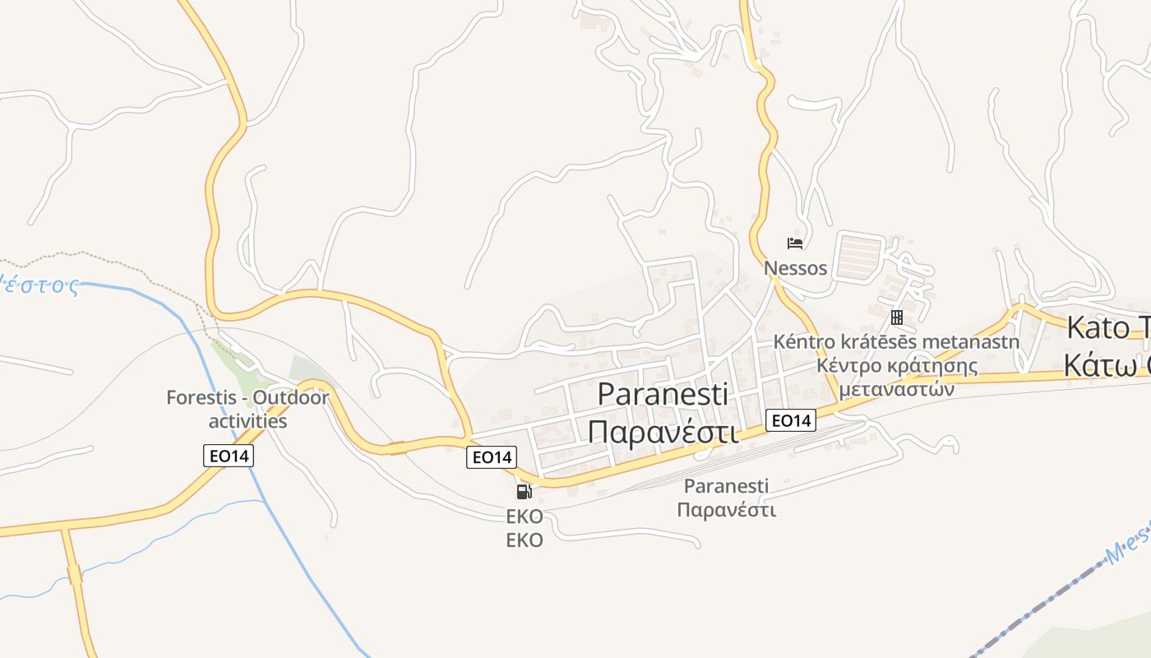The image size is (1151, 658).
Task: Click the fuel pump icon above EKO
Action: click(524, 492)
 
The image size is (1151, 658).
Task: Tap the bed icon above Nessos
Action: click(794, 243)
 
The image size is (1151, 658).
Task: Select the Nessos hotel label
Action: click(795, 267)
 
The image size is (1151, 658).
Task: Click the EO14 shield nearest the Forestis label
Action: click(229, 456)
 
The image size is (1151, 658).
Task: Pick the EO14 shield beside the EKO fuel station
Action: click(491, 457)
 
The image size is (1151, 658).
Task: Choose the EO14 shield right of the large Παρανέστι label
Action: click(791, 420)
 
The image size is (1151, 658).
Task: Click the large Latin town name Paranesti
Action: click(662, 394)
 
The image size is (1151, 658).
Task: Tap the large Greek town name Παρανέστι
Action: click(663, 430)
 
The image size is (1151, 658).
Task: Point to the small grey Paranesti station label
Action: click(726, 486)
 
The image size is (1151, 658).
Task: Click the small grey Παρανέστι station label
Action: click(726, 509)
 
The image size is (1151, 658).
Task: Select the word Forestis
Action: click(205, 398)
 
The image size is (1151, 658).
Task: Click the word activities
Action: click(247, 421)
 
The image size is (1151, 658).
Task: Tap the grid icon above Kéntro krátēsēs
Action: click(897, 317)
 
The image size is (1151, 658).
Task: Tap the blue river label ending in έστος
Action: click(41, 285)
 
